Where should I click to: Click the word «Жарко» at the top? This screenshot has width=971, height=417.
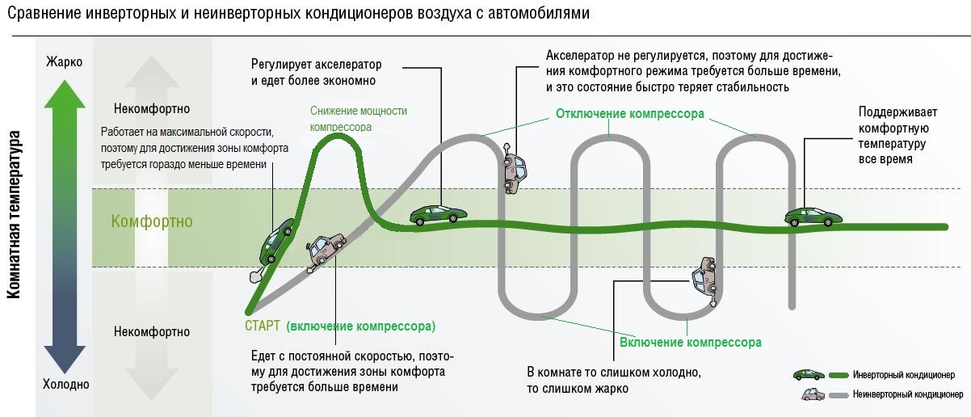[65, 61]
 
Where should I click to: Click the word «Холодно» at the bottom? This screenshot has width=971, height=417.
[65, 385]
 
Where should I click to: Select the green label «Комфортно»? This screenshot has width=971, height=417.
[152, 221]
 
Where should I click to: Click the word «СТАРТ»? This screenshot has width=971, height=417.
[263, 326]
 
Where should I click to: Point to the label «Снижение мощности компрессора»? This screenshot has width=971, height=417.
[358, 119]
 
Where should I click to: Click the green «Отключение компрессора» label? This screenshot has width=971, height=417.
[630, 113]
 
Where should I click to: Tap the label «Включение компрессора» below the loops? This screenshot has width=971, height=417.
[690, 342]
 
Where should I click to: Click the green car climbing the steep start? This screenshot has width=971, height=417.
[275, 241]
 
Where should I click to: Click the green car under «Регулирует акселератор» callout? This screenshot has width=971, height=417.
[438, 214]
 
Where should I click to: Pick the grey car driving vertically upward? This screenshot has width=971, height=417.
[513, 169]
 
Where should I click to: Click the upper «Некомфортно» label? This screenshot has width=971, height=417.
[152, 109]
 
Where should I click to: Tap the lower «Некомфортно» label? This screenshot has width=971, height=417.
[152, 331]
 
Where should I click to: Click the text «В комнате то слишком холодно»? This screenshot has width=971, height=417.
[614, 373]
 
